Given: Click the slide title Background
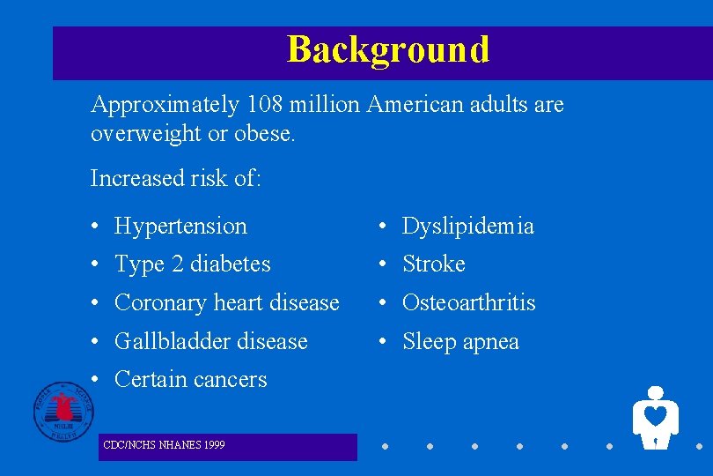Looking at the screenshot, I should [387, 49].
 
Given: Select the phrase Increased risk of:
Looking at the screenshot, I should [175, 178].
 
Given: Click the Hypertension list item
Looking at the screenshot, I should [180, 227].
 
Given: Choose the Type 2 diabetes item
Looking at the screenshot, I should [192, 264].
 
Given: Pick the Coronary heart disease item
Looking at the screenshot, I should [226, 303].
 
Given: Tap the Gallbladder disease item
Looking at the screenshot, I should [210, 341].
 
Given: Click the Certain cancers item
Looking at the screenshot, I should [190, 380].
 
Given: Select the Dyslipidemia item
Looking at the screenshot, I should [467, 227].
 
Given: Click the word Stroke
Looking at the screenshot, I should [433, 264].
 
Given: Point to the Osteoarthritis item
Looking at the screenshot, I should [468, 303].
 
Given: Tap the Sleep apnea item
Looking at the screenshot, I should [460, 342].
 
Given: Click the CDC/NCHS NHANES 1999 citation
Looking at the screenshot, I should [163, 445].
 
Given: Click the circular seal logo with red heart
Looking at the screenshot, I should [64, 411].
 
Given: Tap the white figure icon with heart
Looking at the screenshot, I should [655, 418].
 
